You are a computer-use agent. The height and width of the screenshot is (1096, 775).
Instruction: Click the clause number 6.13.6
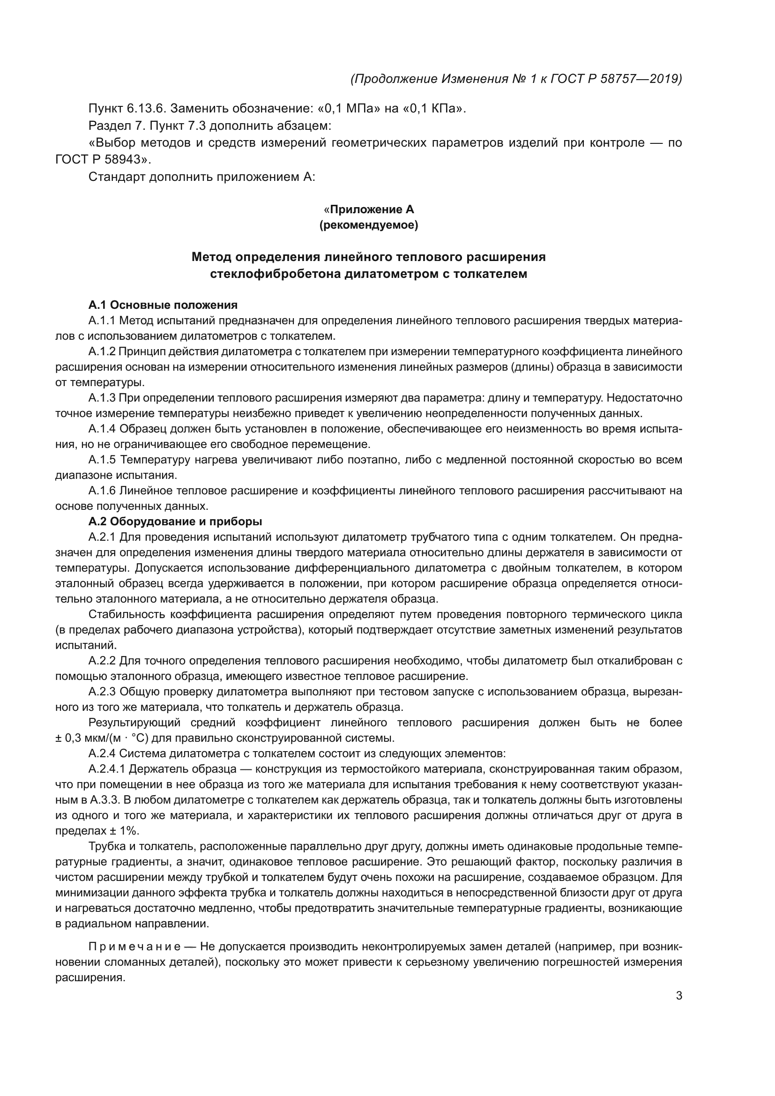coord(146,108)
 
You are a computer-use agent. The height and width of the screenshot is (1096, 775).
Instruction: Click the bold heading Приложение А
coord(371,209)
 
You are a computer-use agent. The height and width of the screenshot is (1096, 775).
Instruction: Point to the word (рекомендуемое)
coord(368,225)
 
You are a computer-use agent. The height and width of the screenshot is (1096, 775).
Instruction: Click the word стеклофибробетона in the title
coord(276,274)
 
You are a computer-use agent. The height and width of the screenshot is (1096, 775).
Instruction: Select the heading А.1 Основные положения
coord(163,305)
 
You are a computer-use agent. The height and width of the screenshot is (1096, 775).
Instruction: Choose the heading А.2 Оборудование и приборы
coord(175,521)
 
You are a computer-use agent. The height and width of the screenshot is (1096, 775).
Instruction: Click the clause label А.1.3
coord(102,398)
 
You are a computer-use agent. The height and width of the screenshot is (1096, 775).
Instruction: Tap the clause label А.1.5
coord(102,460)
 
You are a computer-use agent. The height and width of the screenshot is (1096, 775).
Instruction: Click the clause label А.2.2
coord(102,661)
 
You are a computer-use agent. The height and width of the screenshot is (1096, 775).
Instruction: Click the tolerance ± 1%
coord(124,831)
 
